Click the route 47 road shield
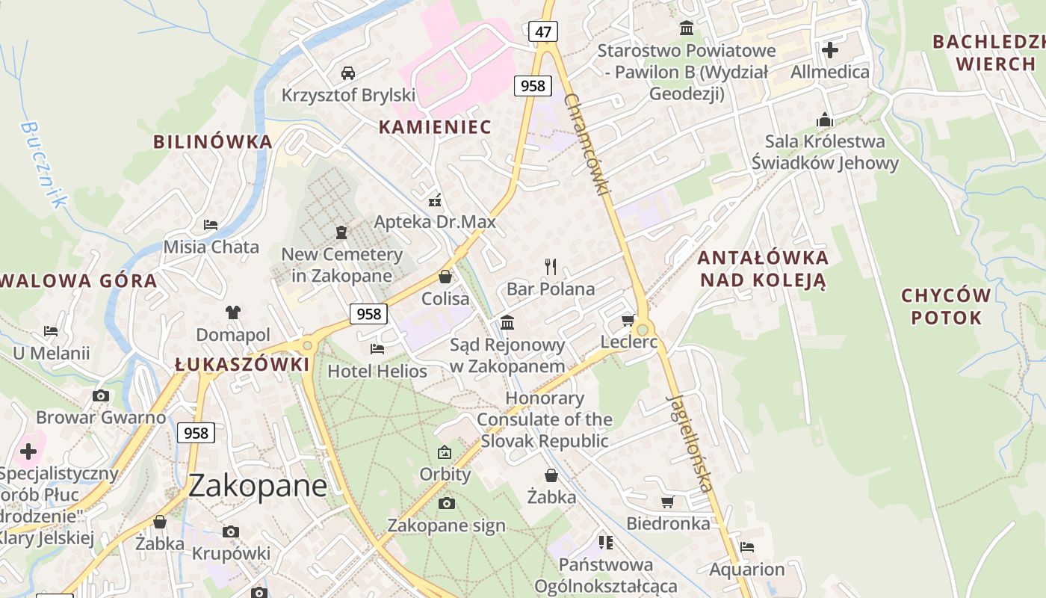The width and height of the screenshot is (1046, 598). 543,31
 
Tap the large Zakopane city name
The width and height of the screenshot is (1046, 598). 257,486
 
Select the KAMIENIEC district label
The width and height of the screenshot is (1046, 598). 435,127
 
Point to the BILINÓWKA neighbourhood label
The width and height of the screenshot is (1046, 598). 213,141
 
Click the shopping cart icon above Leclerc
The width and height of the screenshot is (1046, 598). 628,321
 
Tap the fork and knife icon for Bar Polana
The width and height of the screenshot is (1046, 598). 551,266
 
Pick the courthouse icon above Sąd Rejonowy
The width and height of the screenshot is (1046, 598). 507,322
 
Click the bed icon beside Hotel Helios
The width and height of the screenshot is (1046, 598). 377,348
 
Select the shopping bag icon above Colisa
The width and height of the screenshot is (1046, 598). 445,277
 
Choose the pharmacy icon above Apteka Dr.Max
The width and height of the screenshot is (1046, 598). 434,200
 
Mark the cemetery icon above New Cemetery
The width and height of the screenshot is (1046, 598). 341,232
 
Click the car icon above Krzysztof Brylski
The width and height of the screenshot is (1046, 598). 347,73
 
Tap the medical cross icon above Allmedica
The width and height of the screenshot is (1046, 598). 829,50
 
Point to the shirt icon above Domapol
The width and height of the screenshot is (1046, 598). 232,312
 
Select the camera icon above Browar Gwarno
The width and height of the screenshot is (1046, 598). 101,395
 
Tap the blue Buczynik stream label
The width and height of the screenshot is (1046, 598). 45,164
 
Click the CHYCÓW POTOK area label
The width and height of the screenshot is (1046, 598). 946,306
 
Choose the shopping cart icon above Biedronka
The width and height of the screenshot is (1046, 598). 667,502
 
